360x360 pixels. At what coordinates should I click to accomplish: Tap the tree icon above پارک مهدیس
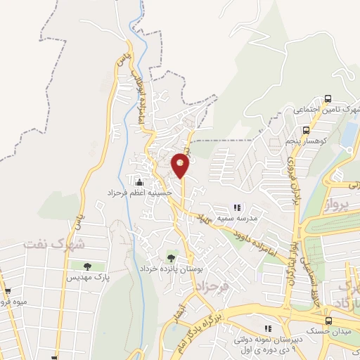[x=87, y=266]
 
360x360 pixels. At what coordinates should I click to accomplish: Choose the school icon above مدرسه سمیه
[x=237, y=207]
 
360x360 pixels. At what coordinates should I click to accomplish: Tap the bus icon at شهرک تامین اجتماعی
[x=328, y=99]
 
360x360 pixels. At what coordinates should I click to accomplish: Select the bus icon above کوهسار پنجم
[x=306, y=130]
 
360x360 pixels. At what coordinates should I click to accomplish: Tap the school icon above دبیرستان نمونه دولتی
[x=267, y=328]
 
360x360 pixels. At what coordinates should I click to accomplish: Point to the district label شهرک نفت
[x=53, y=244]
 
